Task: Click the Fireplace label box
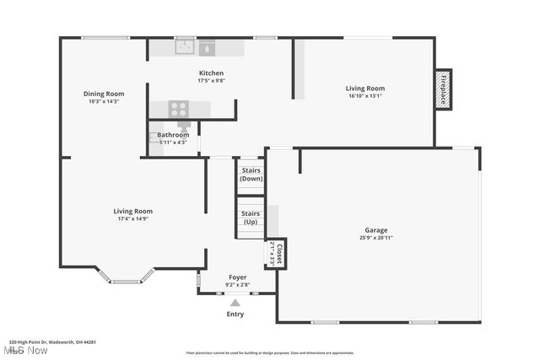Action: click(444, 89)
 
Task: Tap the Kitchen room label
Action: click(211, 73)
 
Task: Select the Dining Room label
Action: click(104, 94)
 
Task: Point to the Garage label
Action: click(376, 229)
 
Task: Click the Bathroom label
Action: click(173, 135)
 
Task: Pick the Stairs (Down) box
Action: click(251, 174)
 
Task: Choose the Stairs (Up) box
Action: click(251, 218)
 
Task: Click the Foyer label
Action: click(238, 277)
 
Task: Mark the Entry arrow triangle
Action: click(235, 303)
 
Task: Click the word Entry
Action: click(235, 314)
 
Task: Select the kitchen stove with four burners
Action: click(178, 108)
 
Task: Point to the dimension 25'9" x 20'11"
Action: click(376, 238)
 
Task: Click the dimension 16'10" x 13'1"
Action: click(365, 96)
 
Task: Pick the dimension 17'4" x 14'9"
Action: click(133, 219)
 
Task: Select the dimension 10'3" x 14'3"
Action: click(104, 101)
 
